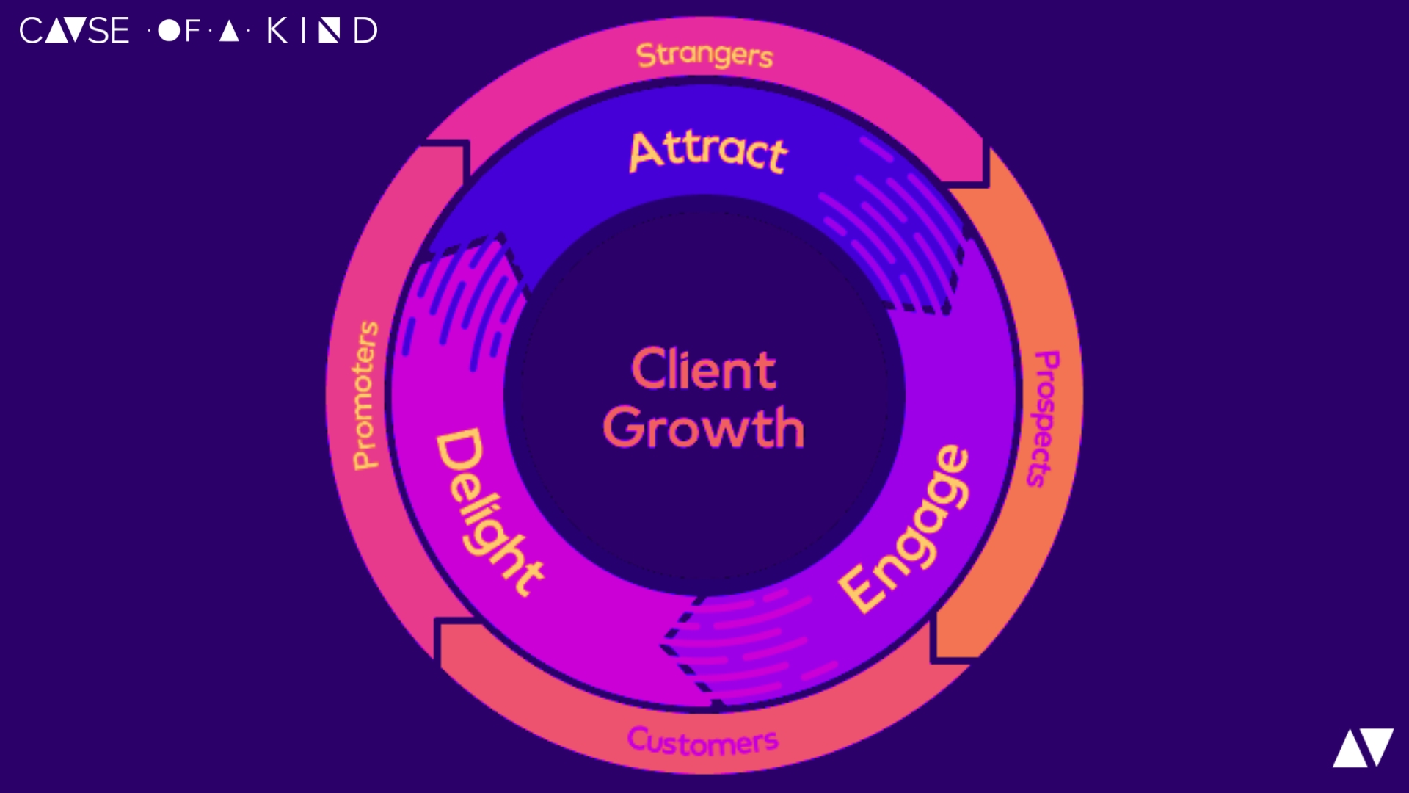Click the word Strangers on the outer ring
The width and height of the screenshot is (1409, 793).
(x=704, y=55)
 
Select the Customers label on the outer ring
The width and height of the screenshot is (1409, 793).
(x=702, y=742)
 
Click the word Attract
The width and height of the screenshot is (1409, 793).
(x=708, y=152)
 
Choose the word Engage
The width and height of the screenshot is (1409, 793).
(x=905, y=529)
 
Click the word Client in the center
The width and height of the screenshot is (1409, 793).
(x=703, y=369)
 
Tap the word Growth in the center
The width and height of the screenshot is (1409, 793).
(x=703, y=427)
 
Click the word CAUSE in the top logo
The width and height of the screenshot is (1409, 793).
(x=74, y=31)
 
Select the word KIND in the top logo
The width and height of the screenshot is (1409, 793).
(x=322, y=31)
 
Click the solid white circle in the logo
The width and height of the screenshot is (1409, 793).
(x=169, y=31)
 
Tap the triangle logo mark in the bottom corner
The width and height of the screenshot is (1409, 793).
(x=1363, y=747)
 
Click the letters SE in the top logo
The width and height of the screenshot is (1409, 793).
(x=109, y=31)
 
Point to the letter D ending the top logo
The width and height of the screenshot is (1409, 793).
(x=365, y=31)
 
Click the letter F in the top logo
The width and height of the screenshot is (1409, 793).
(x=192, y=31)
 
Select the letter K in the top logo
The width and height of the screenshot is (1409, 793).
(x=277, y=31)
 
